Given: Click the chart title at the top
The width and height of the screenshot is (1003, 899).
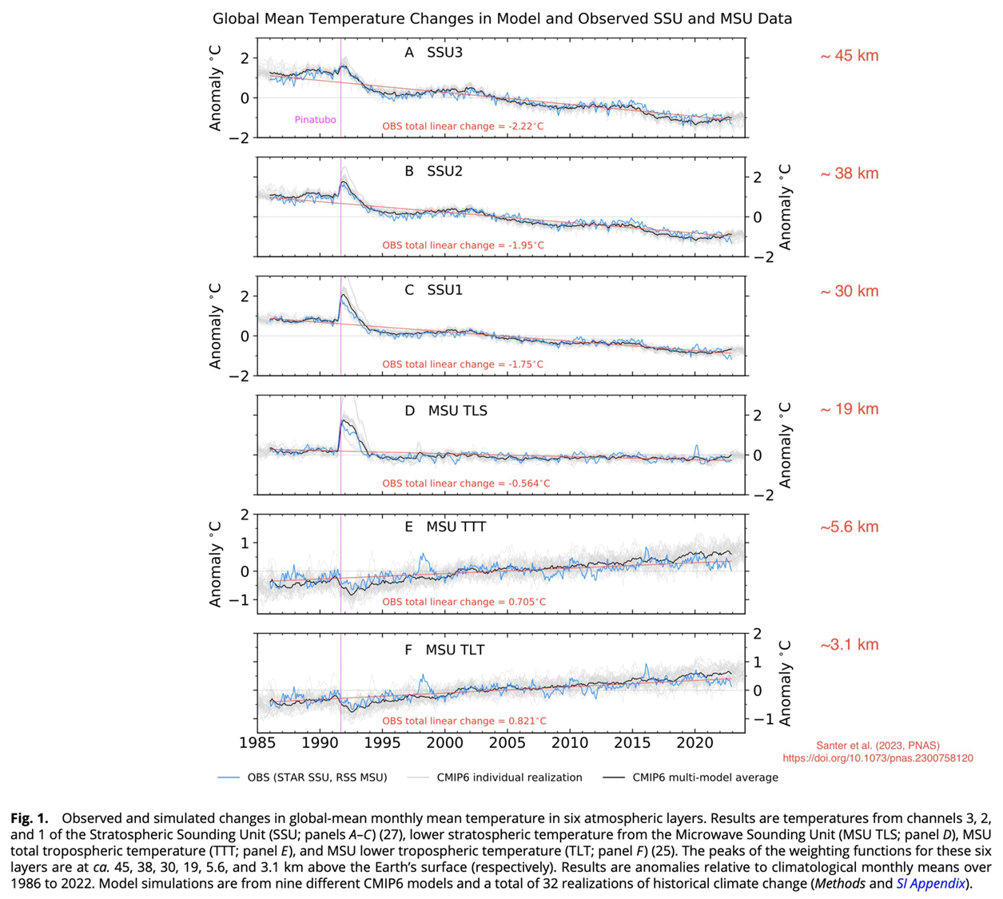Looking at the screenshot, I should [502, 18].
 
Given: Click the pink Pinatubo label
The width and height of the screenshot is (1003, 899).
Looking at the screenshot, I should [315, 120].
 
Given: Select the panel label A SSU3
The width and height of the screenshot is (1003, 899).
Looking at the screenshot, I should [433, 53].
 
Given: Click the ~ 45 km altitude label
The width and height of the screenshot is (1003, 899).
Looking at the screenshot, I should [849, 56].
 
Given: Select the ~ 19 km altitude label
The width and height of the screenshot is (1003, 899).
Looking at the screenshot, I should [849, 409].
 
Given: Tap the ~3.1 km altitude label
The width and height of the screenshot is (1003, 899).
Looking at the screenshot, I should [849, 645].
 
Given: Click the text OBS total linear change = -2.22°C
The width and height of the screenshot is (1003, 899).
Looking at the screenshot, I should [463, 126].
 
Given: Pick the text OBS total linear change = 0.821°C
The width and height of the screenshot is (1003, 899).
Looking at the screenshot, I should [464, 721].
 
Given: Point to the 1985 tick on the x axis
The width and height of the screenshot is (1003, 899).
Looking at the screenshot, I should [258, 743].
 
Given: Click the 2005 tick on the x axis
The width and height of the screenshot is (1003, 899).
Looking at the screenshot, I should [507, 743].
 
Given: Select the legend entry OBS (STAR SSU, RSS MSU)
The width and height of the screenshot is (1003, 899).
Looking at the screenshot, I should [316, 778].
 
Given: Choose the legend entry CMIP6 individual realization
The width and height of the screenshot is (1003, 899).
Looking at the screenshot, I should [509, 778].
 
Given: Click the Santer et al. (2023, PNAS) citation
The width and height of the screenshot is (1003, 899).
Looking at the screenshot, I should [878, 746].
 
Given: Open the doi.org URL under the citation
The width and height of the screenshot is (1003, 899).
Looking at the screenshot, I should [878, 758].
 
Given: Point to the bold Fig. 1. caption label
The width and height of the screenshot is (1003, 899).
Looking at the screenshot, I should [30, 818].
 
